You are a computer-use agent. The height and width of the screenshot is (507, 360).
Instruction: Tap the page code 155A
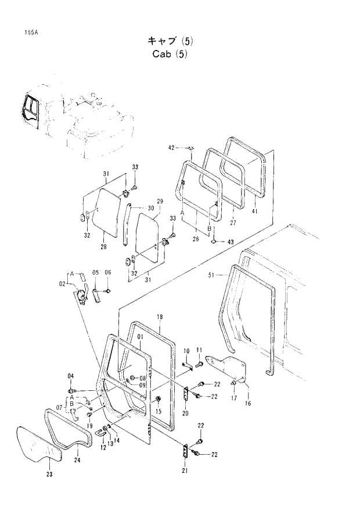(24, 32)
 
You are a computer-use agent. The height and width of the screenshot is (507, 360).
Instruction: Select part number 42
(171, 148)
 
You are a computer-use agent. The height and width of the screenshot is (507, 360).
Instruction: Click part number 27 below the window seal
(233, 222)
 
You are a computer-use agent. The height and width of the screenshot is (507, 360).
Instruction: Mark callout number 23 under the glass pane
(49, 475)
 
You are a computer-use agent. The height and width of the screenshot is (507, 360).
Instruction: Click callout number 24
(77, 461)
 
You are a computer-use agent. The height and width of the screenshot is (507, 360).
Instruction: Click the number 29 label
(160, 200)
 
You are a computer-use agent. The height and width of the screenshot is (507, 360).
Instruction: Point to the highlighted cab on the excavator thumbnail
(30, 110)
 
